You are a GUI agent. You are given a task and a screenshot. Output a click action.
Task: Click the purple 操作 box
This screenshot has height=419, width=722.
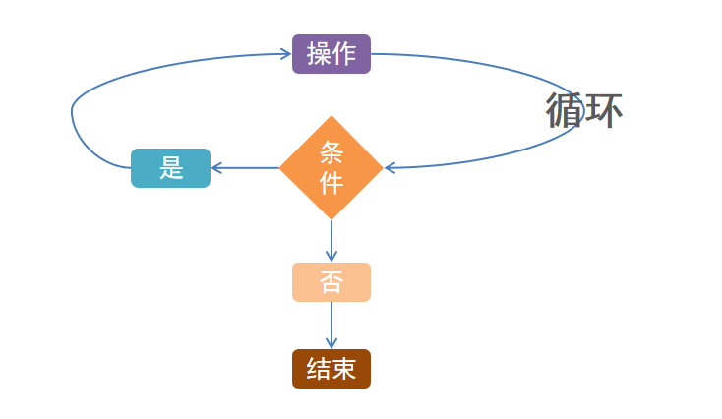pyautogui.click(x=331, y=54)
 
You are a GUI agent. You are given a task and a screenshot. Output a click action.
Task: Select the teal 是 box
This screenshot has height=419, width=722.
pyautogui.click(x=170, y=168)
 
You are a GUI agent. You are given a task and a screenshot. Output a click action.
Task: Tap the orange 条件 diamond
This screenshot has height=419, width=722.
pyautogui.click(x=331, y=168)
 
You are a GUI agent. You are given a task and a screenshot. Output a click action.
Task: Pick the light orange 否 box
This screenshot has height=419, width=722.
pyautogui.click(x=331, y=282)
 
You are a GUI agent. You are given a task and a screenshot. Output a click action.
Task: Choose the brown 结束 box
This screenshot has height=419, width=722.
pyautogui.click(x=331, y=369)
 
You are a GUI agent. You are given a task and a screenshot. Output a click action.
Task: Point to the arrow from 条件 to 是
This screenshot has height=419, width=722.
pyautogui.click(x=246, y=168)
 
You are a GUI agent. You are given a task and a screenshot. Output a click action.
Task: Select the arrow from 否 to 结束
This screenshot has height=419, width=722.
pyautogui.click(x=331, y=325)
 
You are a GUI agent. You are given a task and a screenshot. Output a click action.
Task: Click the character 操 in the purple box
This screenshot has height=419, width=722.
pyautogui.click(x=319, y=54)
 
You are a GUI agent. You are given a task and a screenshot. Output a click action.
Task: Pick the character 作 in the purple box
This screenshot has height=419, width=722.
pyautogui.click(x=344, y=54)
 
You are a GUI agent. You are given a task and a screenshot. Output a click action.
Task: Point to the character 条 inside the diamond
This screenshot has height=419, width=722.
pyautogui.click(x=331, y=152)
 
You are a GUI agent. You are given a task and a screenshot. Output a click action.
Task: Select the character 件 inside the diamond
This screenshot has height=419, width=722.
pyautogui.click(x=331, y=183)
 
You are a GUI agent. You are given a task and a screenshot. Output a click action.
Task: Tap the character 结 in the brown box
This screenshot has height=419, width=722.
pyautogui.click(x=319, y=369)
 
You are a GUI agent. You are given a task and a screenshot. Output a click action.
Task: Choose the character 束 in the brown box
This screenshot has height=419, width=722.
pyautogui.click(x=344, y=369)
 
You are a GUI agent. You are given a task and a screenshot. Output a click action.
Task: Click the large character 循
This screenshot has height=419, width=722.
pyautogui.click(x=565, y=111)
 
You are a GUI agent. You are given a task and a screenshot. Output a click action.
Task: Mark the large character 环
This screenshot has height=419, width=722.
pyautogui.click(x=603, y=111)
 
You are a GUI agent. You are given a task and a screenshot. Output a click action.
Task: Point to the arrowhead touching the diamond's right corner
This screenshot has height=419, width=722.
pyautogui.click(x=391, y=168)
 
